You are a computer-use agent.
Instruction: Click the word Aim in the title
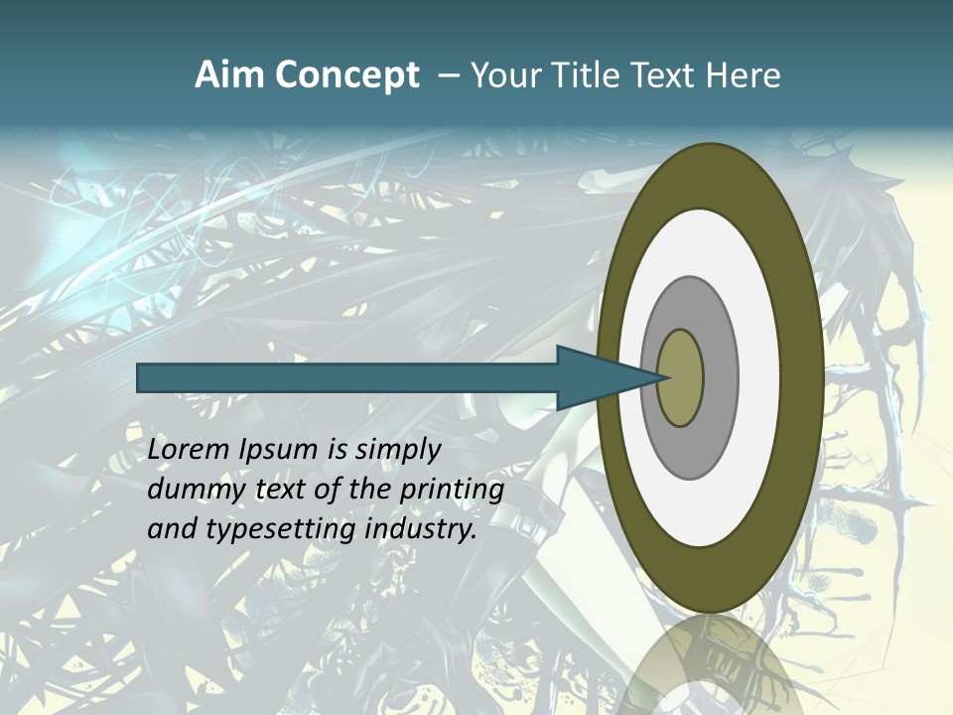pyautogui.click(x=227, y=75)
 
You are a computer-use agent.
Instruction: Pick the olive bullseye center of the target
pyautogui.click(x=680, y=378)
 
